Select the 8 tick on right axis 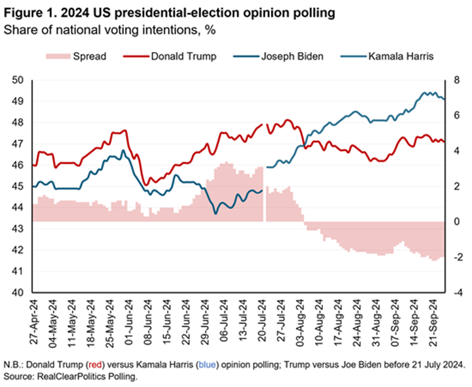coord(456,80)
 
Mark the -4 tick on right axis coord(456,293)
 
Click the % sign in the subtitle coord(210,29)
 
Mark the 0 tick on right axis coord(456,222)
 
